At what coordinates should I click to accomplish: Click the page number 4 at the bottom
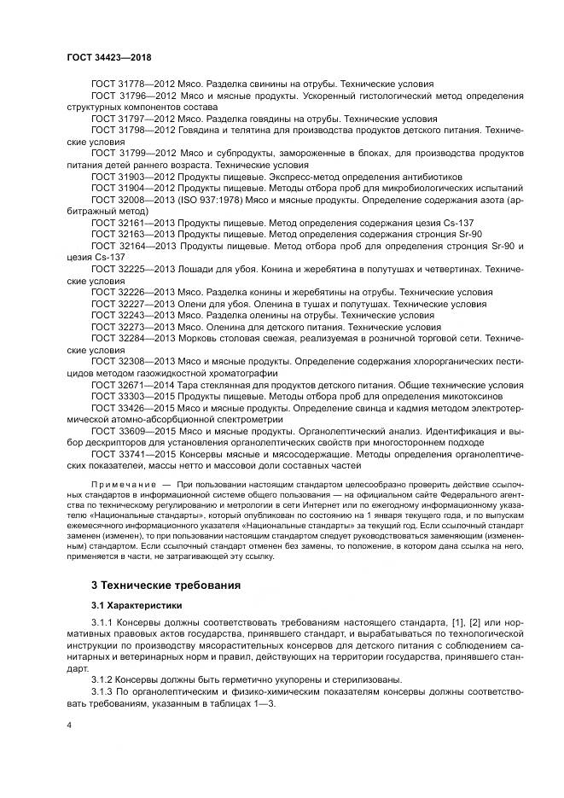point(70,723)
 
